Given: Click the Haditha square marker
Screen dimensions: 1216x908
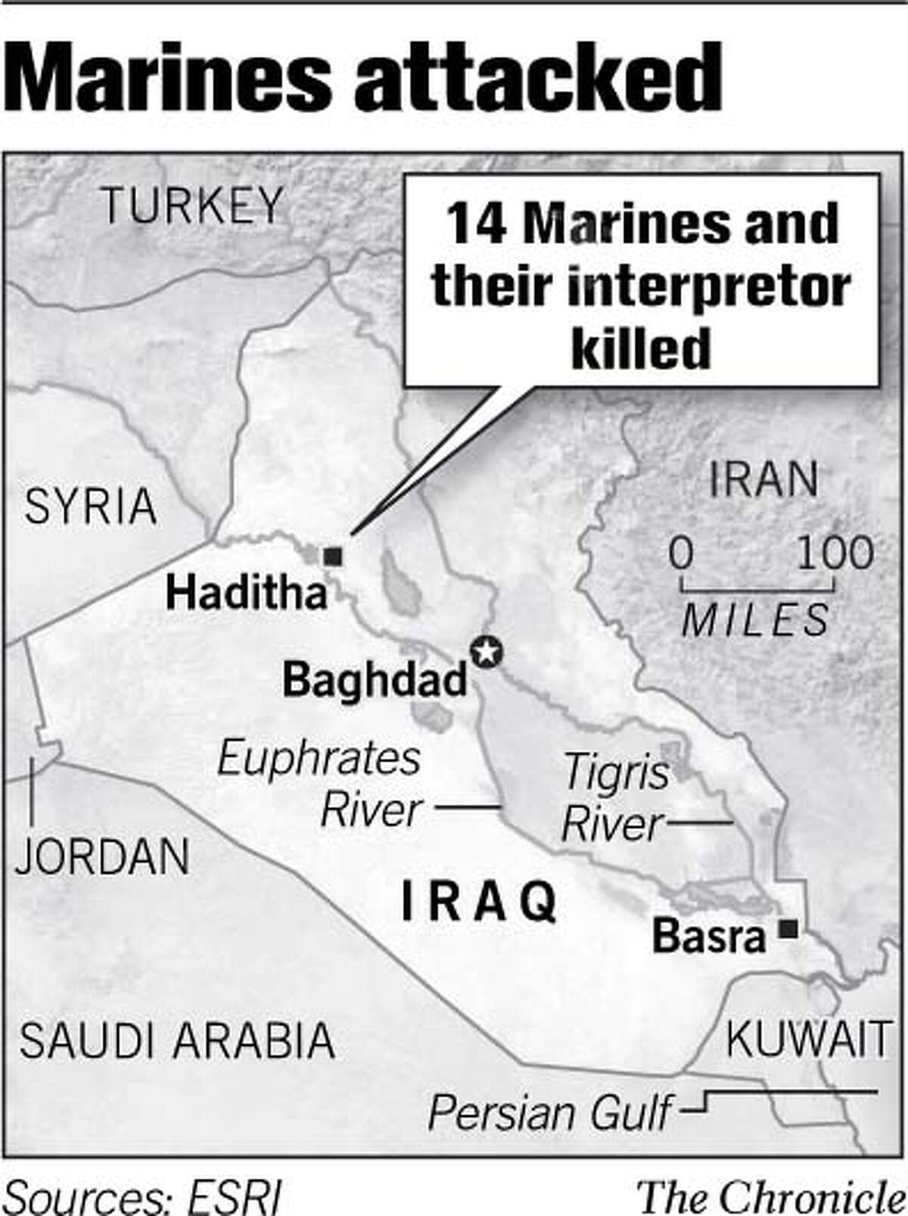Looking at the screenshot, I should (x=333, y=557).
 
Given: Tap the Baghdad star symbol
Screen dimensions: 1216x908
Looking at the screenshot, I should (x=486, y=651).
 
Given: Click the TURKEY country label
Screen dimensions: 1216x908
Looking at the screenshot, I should (x=192, y=205).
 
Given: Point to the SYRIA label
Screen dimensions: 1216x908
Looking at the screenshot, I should (x=90, y=507).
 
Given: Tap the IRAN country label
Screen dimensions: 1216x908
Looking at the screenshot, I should (x=763, y=479).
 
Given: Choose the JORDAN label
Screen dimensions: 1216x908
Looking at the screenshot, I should (x=102, y=857).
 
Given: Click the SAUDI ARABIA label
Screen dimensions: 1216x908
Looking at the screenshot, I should (x=177, y=1040).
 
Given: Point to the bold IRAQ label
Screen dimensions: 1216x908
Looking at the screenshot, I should (x=478, y=902).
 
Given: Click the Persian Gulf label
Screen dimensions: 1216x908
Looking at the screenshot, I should (x=549, y=1114).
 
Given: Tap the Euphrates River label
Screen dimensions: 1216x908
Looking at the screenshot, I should (x=319, y=784).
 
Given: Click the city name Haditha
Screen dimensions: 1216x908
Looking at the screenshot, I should (x=246, y=592).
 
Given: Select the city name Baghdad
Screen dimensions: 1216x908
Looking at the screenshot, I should (x=375, y=679).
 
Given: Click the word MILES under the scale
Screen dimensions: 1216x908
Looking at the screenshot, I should (x=755, y=621).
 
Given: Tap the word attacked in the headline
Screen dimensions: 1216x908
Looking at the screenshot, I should (x=539, y=78).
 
